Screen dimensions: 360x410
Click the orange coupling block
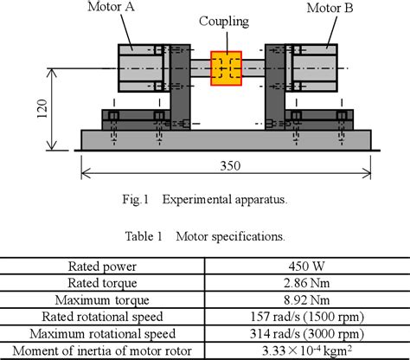227,68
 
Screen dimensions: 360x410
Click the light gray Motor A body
138,67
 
